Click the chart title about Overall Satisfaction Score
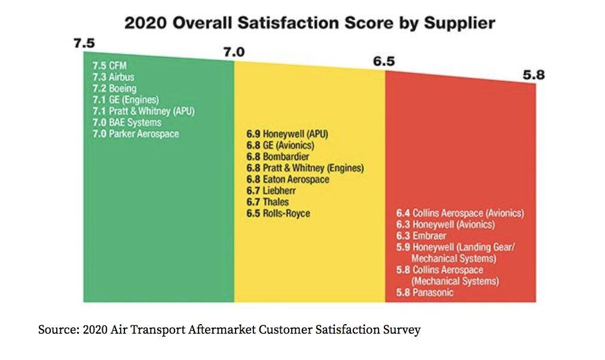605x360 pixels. pyautogui.click(x=309, y=23)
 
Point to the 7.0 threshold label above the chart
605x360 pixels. pyautogui.click(x=234, y=53)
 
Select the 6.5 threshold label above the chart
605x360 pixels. pyautogui.click(x=384, y=62)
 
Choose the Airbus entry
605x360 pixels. pyautogui.click(x=113, y=77)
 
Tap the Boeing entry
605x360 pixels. pyautogui.click(x=115, y=89)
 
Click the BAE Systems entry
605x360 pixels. pyautogui.click(x=127, y=123)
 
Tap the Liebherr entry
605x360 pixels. pyautogui.click(x=271, y=191)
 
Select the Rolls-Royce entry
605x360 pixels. pyautogui.click(x=278, y=213)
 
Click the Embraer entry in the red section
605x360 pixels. pyautogui.click(x=424, y=236)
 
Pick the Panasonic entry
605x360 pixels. pyautogui.click(x=425, y=293)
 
